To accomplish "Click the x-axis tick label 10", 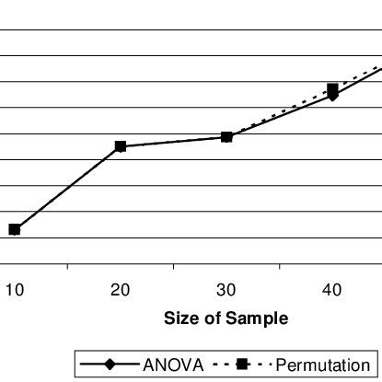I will (x=14, y=290).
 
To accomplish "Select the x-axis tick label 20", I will (x=120, y=290).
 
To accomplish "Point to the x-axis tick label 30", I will (x=226, y=290).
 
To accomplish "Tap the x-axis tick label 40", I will (x=332, y=290).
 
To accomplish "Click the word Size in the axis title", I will (x=179, y=318).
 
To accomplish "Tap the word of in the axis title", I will (x=214, y=318).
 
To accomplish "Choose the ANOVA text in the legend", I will (x=172, y=365).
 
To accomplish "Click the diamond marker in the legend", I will (x=110, y=365).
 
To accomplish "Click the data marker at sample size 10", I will (x=14, y=229).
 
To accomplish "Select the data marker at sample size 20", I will (x=120, y=146).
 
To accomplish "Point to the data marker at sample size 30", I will (x=226, y=137).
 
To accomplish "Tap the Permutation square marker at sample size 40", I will (x=332, y=88).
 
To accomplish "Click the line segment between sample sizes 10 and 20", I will (x=67, y=188).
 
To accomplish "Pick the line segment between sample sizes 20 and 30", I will (x=173, y=142).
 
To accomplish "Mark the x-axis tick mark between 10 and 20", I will (x=67, y=267).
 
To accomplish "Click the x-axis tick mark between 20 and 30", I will (x=173, y=267).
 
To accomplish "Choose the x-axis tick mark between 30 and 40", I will (x=279, y=267).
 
